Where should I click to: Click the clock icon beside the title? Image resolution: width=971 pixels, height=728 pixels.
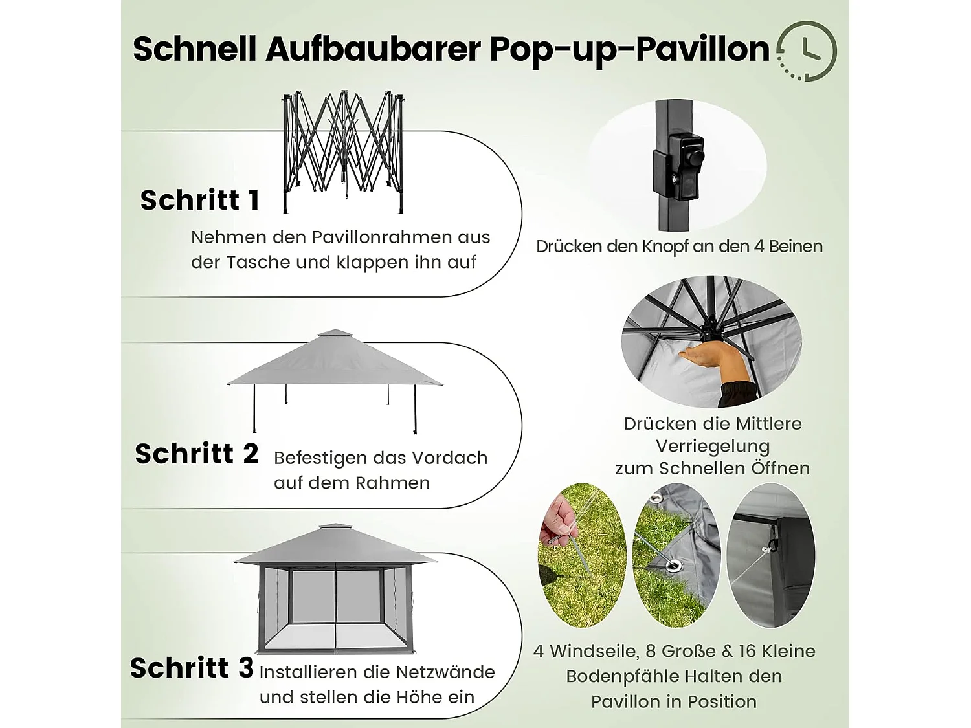coord(807,51)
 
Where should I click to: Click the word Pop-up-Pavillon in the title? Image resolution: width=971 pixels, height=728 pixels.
coord(629,49)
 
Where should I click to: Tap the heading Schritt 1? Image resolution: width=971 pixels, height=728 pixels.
coord(200,201)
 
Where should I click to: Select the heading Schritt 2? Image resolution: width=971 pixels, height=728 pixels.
coord(197,454)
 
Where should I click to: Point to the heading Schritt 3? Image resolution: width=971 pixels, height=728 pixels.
coord(192,668)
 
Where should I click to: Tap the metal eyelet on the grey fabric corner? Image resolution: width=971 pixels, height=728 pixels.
coord(674,566)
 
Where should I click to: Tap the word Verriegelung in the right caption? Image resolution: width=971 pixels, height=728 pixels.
coord(713,447)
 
